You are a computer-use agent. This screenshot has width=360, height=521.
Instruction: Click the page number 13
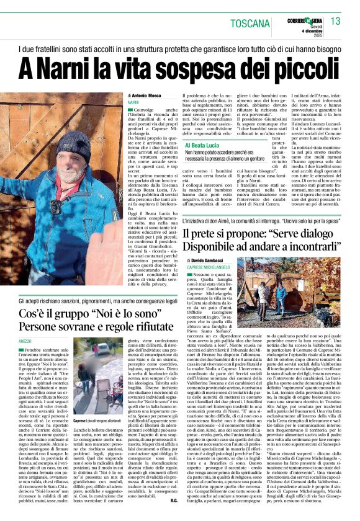point(335,21)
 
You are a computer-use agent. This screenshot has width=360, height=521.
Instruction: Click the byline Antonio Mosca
point(148,95)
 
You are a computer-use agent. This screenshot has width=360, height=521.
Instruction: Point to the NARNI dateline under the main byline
point(133,101)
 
